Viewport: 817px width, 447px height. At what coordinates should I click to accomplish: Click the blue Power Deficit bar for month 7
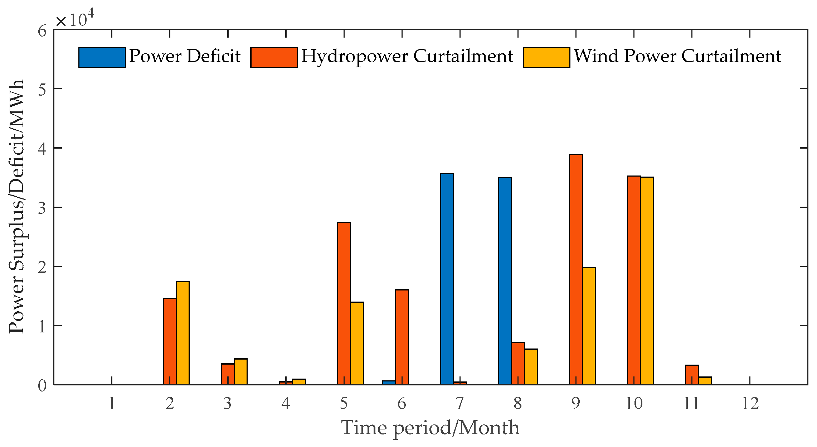coord(447,279)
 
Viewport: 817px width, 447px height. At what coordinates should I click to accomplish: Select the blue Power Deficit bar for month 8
coord(505,281)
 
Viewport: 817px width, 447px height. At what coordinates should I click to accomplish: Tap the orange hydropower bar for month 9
coord(576,270)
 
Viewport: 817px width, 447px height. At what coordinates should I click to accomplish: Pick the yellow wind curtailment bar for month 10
coord(647,281)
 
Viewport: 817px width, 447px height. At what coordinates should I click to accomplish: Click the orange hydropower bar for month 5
coord(344,303)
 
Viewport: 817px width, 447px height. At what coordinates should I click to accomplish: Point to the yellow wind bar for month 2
coord(183,333)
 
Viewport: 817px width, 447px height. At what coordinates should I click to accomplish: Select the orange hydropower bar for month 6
coord(402,337)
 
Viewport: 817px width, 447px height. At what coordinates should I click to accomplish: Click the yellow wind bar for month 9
coord(589,326)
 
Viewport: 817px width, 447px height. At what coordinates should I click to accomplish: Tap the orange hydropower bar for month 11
coord(692,375)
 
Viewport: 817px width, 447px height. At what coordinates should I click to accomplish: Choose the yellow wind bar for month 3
coord(240,372)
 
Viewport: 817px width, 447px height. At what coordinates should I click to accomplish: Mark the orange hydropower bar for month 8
coord(518,364)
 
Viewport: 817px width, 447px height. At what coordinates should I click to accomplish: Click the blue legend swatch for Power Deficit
coord(102,57)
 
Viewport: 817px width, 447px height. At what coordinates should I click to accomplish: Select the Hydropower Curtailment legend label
coord(407,57)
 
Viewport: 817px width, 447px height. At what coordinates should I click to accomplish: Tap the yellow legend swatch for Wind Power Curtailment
coord(546,57)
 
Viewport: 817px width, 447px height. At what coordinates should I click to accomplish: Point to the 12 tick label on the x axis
coord(750,404)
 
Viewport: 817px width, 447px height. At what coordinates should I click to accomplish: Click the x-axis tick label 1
coord(112,404)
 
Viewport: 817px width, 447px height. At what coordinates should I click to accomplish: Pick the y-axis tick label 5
coord(42,89)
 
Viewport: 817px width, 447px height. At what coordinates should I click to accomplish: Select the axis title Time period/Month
coord(431,428)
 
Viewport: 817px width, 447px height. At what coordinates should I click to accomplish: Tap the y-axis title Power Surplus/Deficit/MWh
coord(16,206)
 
